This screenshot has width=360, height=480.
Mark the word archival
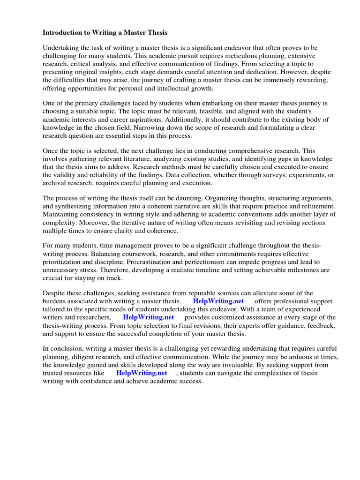(54, 183)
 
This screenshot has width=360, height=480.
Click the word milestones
(288, 270)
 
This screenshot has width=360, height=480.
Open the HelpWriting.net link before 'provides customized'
(149, 317)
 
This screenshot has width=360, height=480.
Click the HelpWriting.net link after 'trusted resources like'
(142, 373)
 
